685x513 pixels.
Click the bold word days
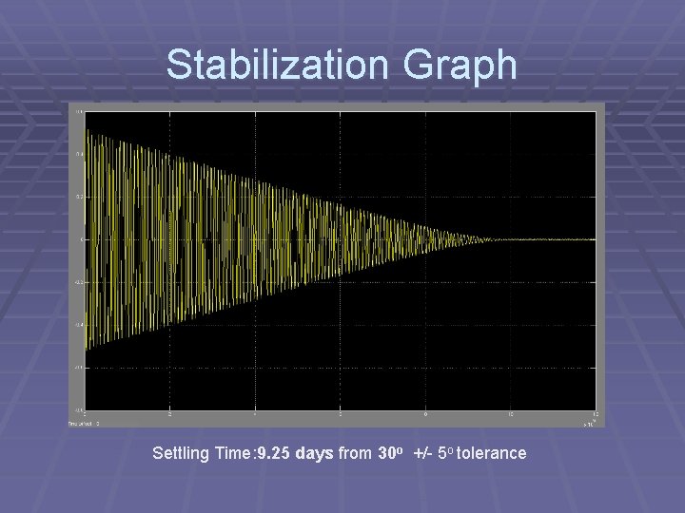coord(314,453)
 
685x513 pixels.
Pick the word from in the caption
coord(355,453)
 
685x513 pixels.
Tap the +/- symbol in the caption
coord(423,453)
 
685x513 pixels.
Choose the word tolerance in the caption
coord(491,453)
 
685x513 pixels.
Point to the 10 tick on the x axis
coord(510,415)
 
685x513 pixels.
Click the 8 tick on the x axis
coord(425,415)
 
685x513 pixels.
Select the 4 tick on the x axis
coord(255,415)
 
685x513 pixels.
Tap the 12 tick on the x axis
coord(595,415)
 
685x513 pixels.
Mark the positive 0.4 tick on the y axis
coord(79,154)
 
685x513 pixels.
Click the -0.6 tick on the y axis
coord(79,368)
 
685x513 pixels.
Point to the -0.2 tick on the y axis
coord(79,282)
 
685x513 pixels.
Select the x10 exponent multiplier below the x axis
coord(590,424)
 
